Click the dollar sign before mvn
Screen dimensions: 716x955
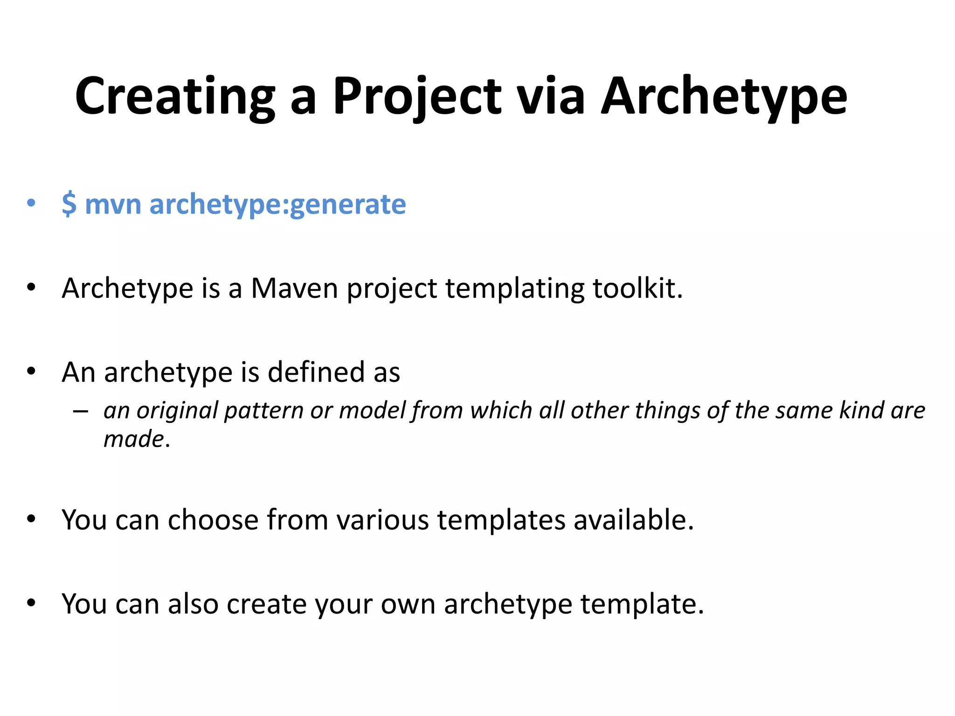[x=69, y=204]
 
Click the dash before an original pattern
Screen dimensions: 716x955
[x=81, y=411]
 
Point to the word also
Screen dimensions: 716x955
[x=193, y=604]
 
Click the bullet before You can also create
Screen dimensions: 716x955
[x=31, y=603]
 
